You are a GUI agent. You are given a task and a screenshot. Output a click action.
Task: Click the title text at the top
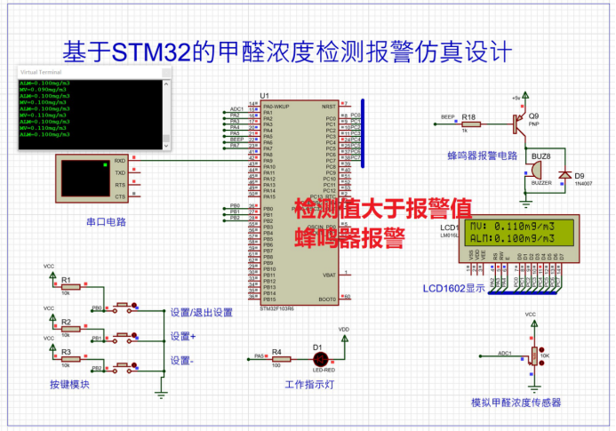285,52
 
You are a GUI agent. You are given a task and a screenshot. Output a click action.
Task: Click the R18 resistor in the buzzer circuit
468,124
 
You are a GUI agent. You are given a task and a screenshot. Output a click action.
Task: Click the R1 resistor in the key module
70,286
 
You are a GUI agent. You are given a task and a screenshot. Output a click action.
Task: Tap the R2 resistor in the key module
70,328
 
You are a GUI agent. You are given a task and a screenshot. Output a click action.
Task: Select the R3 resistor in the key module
70,360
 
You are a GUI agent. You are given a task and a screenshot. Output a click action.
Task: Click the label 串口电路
105,219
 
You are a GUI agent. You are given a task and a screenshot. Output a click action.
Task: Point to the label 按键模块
69,385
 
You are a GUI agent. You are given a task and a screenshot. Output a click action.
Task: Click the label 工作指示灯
309,385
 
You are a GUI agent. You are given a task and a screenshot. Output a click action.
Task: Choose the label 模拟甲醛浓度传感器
516,403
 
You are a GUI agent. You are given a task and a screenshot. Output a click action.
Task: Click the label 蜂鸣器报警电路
482,156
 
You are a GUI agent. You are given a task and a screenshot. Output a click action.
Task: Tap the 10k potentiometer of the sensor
532,355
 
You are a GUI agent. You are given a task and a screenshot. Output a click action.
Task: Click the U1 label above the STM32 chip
264,96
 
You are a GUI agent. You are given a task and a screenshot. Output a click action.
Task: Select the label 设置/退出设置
202,312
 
